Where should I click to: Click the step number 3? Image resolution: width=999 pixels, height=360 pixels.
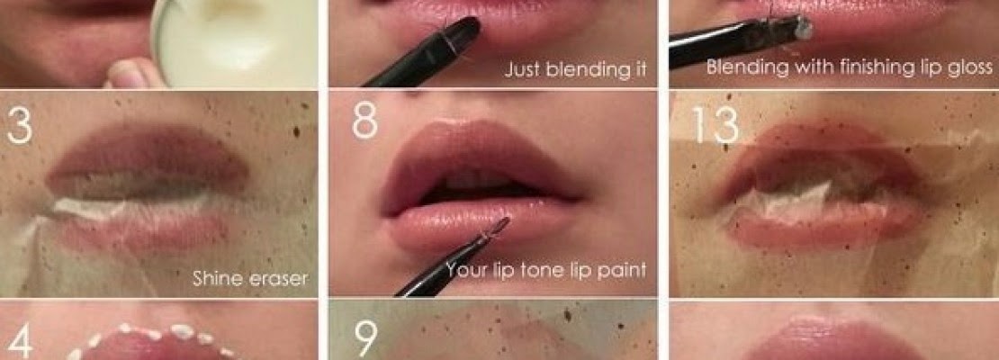tap(20, 126)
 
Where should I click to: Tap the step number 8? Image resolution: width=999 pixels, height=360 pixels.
tap(364, 120)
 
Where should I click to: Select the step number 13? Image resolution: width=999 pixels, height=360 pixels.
tap(715, 129)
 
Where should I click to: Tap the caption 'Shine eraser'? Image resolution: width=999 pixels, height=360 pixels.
tap(249, 279)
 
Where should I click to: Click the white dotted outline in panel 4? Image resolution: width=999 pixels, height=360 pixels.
tap(153, 335)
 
